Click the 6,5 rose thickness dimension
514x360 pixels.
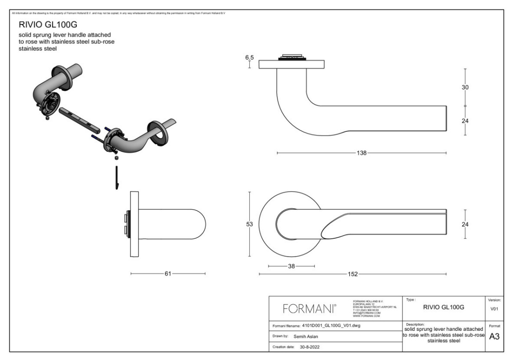point(249,57)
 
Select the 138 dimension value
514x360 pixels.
point(361,152)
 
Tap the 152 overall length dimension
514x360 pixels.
point(353,274)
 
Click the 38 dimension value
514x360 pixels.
point(291,266)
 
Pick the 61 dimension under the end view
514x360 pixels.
point(168,274)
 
